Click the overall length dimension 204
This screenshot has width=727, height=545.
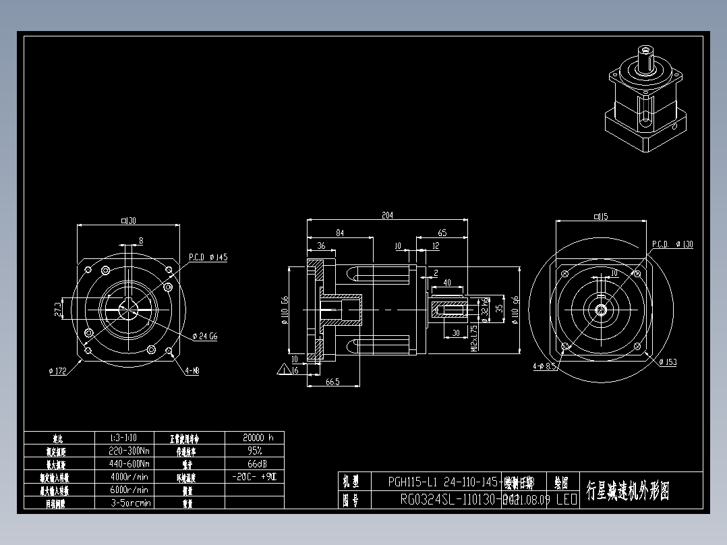(387, 215)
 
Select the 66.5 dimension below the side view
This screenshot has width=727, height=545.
(332, 382)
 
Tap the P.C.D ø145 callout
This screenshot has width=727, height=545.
(208, 257)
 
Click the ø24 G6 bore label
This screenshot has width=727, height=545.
(204, 336)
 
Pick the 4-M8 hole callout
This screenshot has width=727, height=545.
(192, 370)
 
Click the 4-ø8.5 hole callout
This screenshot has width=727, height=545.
(544, 366)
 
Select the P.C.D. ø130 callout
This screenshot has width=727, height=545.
(672, 244)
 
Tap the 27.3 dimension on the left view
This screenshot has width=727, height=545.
(58, 309)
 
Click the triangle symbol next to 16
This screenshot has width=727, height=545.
(282, 370)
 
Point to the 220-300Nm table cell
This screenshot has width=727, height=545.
(129, 451)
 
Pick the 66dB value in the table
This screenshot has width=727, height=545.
(254, 463)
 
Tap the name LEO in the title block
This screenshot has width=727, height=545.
(566, 500)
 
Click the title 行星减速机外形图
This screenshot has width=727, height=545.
(628, 490)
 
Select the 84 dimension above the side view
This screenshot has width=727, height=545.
(340, 233)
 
